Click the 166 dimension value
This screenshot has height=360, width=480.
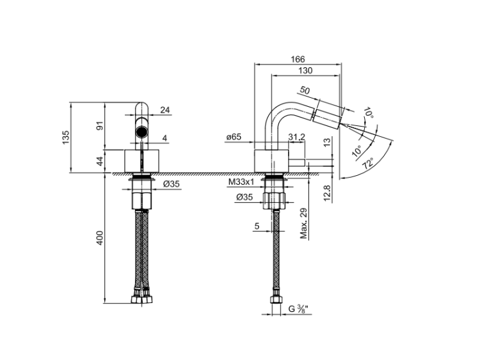(298, 59)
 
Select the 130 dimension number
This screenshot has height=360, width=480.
(305, 70)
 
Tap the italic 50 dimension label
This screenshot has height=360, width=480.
(305, 90)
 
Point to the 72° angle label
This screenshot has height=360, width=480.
(368, 163)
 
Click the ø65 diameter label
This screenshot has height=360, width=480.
(234, 137)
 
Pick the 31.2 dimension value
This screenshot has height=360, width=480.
(296, 137)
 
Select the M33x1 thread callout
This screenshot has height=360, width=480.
(241, 182)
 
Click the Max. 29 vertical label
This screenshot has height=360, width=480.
(303, 223)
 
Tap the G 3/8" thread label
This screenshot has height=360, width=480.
(300, 309)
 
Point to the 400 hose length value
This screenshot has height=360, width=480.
(100, 238)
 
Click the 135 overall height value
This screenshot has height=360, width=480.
(66, 137)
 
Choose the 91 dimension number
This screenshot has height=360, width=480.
(100, 126)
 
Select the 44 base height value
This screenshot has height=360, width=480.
(100, 161)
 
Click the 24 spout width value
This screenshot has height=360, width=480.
(165, 110)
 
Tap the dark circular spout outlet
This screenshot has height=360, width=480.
(141, 132)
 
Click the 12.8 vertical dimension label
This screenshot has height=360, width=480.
(327, 193)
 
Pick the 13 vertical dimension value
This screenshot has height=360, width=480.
(327, 142)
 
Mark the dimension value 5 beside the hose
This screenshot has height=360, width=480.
(257, 226)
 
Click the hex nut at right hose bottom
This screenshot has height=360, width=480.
(276, 299)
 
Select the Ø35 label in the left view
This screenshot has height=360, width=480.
(172, 184)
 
